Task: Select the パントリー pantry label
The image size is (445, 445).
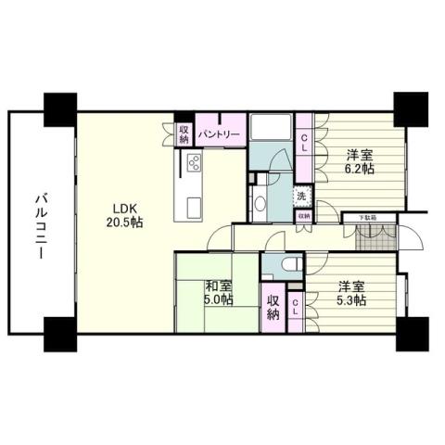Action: tap(220, 133)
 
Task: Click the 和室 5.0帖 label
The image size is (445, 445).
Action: tap(218, 293)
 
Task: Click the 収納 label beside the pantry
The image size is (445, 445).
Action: tap(184, 133)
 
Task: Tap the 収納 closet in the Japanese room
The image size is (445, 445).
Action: tap(273, 308)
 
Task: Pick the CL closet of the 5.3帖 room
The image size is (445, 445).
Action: tap(296, 309)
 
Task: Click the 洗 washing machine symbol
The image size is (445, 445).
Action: tap(301, 196)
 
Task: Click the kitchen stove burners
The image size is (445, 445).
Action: tap(195, 163)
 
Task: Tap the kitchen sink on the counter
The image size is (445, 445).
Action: tap(193, 205)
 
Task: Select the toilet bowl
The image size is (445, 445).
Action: tap(287, 265)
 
